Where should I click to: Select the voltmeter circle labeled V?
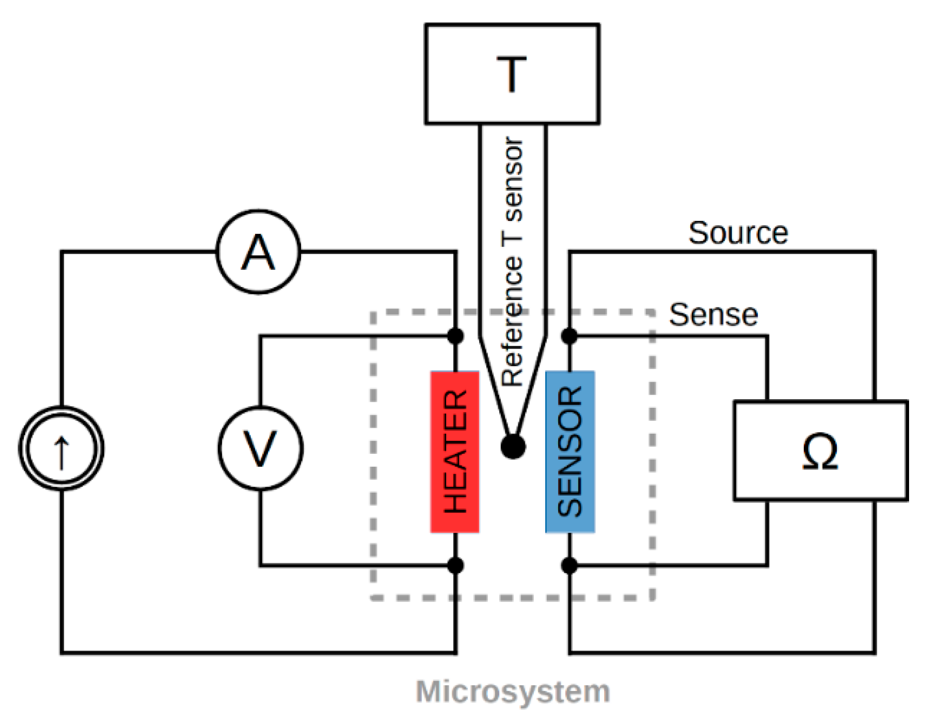pos(260,449)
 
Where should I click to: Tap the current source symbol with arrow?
pos(62,449)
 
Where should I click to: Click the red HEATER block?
pos(455,452)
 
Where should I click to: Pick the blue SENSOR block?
pos(570,452)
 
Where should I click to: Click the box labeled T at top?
pos(512,74)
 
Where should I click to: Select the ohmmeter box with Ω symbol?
pos(820,451)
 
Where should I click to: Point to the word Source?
pos(738,233)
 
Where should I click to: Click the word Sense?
pos(713,315)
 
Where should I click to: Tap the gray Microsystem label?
pos(513,691)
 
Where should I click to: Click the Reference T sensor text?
pos(512,262)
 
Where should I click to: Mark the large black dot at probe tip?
pos(513,446)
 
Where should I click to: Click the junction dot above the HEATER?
pos(455,336)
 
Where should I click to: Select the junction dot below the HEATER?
pos(455,565)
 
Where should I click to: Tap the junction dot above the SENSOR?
pos(570,336)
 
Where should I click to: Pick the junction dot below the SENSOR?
pos(570,565)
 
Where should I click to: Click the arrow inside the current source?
pos(62,453)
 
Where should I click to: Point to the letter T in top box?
pos(511,74)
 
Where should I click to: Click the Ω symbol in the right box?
pos(820,452)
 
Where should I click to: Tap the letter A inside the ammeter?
pos(258,253)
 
